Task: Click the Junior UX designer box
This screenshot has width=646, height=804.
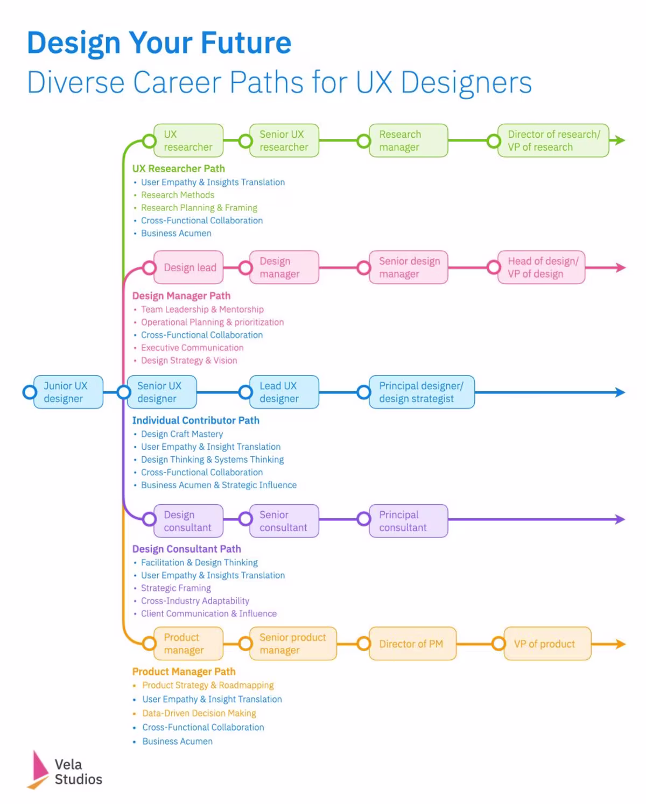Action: coord(68,392)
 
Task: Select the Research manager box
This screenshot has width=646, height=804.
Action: coord(408,140)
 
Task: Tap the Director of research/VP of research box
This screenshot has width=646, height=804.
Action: coord(553,140)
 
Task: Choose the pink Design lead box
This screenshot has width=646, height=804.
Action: coord(188,267)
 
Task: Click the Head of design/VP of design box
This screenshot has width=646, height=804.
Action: coord(541,267)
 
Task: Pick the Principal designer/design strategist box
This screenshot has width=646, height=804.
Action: coord(422,392)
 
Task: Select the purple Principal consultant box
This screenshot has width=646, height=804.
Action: coord(408,521)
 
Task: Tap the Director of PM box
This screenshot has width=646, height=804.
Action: coord(412,644)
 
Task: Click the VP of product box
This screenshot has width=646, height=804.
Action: coord(547,644)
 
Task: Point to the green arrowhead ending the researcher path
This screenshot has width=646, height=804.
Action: coord(620,140)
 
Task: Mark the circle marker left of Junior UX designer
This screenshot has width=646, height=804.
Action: coord(30,392)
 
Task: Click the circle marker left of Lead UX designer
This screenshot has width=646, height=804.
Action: coord(245,392)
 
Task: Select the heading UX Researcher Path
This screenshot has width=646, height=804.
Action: coord(179,168)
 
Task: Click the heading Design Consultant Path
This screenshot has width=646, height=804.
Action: coord(186,549)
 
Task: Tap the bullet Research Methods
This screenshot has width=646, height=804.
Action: coord(177,195)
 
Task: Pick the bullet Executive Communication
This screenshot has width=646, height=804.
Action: coord(192,348)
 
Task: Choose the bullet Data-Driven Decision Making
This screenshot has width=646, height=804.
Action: coord(199,713)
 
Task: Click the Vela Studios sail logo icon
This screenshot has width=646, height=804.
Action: coord(39,770)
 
